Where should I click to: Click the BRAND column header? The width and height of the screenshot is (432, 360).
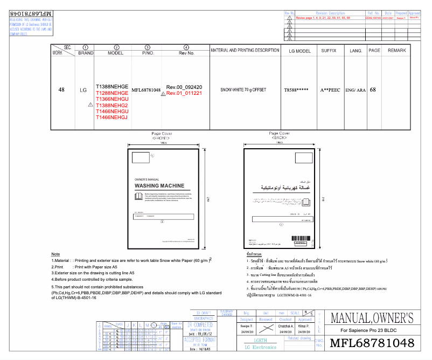86,53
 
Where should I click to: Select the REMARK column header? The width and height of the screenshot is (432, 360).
396,50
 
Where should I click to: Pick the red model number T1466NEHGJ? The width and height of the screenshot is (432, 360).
112,117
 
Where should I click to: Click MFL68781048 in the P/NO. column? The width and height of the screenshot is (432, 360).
147,89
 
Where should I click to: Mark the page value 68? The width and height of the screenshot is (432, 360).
373,89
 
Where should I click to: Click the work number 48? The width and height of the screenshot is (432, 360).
61,89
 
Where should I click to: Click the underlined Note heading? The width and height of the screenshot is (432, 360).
55,254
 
